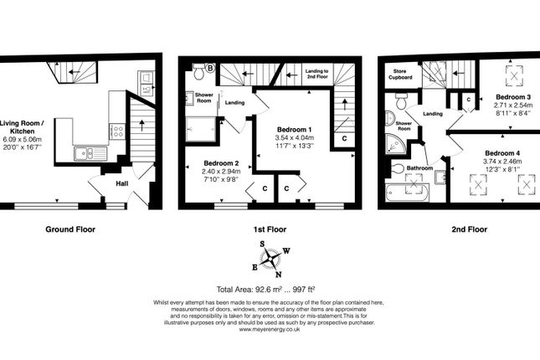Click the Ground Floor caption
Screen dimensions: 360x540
point(71,229)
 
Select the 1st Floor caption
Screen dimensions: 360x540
point(270,229)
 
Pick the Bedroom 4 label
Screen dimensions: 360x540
point(502,153)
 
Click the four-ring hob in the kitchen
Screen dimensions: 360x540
point(117,131)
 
